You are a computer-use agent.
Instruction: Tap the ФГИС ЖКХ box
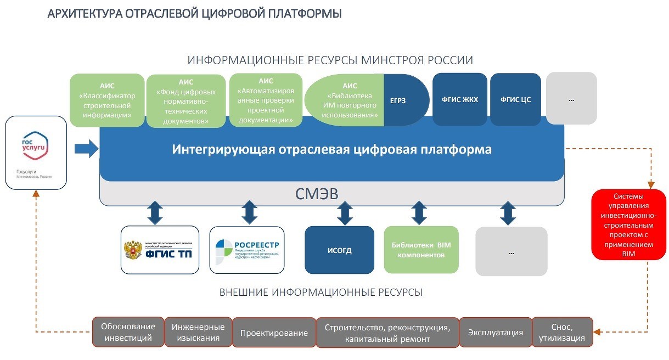460,99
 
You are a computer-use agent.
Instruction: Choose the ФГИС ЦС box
515,99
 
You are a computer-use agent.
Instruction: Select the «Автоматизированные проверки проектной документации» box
266,100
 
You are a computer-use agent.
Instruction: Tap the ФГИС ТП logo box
160,249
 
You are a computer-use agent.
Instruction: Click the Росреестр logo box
248,249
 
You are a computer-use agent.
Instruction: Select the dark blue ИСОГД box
340,250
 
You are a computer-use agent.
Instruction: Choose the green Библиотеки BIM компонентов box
421,250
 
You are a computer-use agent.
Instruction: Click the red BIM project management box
628,224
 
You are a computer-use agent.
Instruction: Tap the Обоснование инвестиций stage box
128,332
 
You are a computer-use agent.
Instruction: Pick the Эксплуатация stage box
495,333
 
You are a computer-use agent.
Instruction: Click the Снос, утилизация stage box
562,333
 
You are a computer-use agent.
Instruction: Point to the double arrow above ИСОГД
345,213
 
